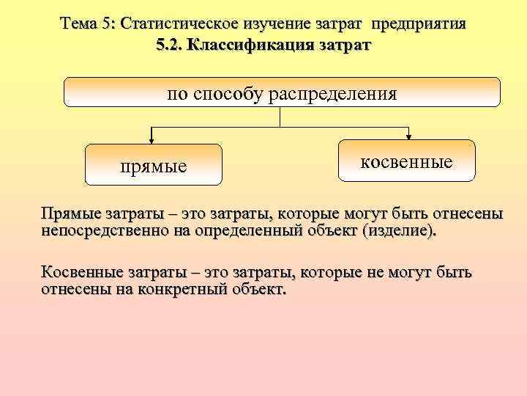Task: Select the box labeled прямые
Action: pos(154,165)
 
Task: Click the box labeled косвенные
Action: pos(406,160)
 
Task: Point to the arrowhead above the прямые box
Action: pos(152,137)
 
